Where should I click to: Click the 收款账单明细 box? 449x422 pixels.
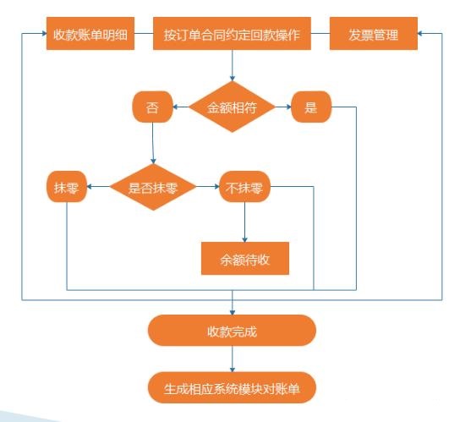[90, 34]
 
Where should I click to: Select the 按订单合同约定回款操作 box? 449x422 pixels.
[232, 34]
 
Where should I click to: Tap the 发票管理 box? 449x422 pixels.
[374, 34]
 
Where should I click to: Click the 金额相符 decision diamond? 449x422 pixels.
[232, 107]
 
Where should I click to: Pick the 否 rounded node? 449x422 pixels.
[152, 107]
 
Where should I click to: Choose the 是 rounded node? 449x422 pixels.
[311, 107]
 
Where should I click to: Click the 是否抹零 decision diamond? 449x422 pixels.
[153, 187]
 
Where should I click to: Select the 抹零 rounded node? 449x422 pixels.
[67, 187]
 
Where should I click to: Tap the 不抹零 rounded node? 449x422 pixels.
[245, 187]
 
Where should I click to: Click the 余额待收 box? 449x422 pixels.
[245, 259]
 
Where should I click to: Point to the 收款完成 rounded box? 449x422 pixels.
[232, 331]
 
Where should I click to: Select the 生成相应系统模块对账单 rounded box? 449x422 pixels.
[232, 387]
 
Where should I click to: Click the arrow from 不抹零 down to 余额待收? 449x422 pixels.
[245, 222]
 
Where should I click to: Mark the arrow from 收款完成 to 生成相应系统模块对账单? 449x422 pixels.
[233, 359]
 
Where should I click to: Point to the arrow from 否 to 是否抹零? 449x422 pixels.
[153, 143]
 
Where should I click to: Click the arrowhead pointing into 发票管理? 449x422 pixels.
[420, 34]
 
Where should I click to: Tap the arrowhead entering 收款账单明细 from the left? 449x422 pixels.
[44, 34]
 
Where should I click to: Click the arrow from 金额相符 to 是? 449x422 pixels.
[283, 107]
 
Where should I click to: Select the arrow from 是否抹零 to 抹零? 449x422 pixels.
[98, 187]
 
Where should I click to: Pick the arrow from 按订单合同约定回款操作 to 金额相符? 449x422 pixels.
[233, 66]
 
